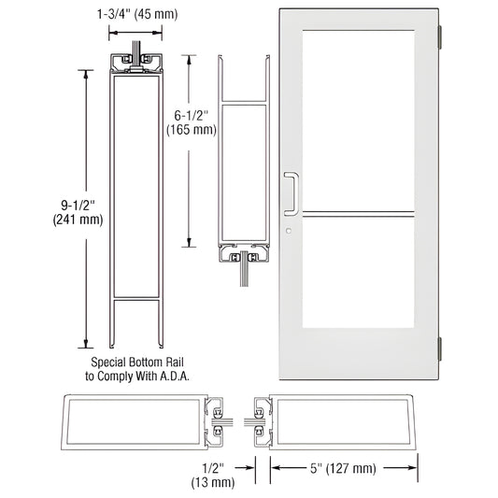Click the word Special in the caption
pos(110,361)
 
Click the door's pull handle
pos(292,192)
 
